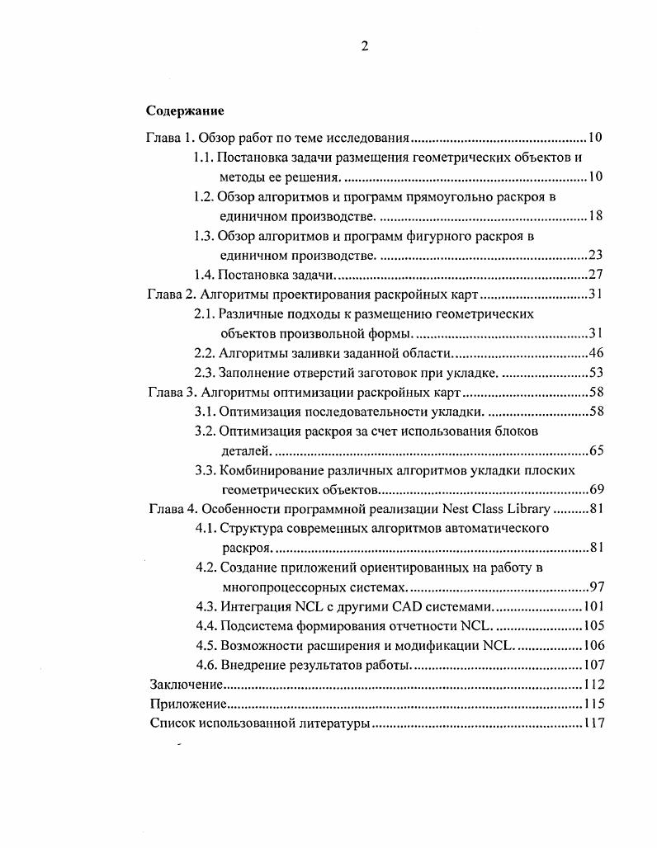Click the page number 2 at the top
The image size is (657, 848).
[x=364, y=46]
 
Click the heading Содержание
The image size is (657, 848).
[x=185, y=111]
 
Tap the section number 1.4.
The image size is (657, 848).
[x=206, y=276]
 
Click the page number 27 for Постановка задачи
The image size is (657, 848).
[x=597, y=276]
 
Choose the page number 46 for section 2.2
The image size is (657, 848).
[x=597, y=354]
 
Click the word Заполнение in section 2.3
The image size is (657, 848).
[x=257, y=373]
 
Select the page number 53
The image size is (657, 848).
[x=597, y=373]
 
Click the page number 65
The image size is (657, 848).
[x=597, y=451]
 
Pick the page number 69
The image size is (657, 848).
[x=597, y=490]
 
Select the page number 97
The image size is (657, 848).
[x=597, y=587]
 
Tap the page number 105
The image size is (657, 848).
[x=593, y=626]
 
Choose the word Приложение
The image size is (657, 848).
[x=187, y=704]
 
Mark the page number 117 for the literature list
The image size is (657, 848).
[x=593, y=724]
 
